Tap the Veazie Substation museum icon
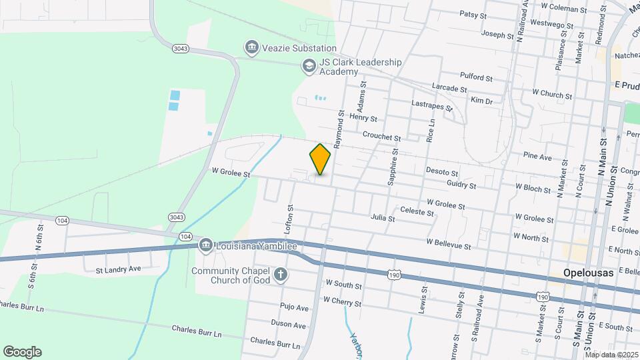point(252,48)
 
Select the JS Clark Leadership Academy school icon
point(309,66)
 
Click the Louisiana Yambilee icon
point(205,246)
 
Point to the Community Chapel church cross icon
point(281,274)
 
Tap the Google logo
point(22,352)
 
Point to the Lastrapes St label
point(432,105)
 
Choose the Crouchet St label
point(381,136)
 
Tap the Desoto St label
point(442,173)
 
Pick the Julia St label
point(383,218)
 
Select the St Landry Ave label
point(119,270)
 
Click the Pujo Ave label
point(294,308)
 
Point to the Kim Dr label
point(481,101)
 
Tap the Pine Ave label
point(537,157)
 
